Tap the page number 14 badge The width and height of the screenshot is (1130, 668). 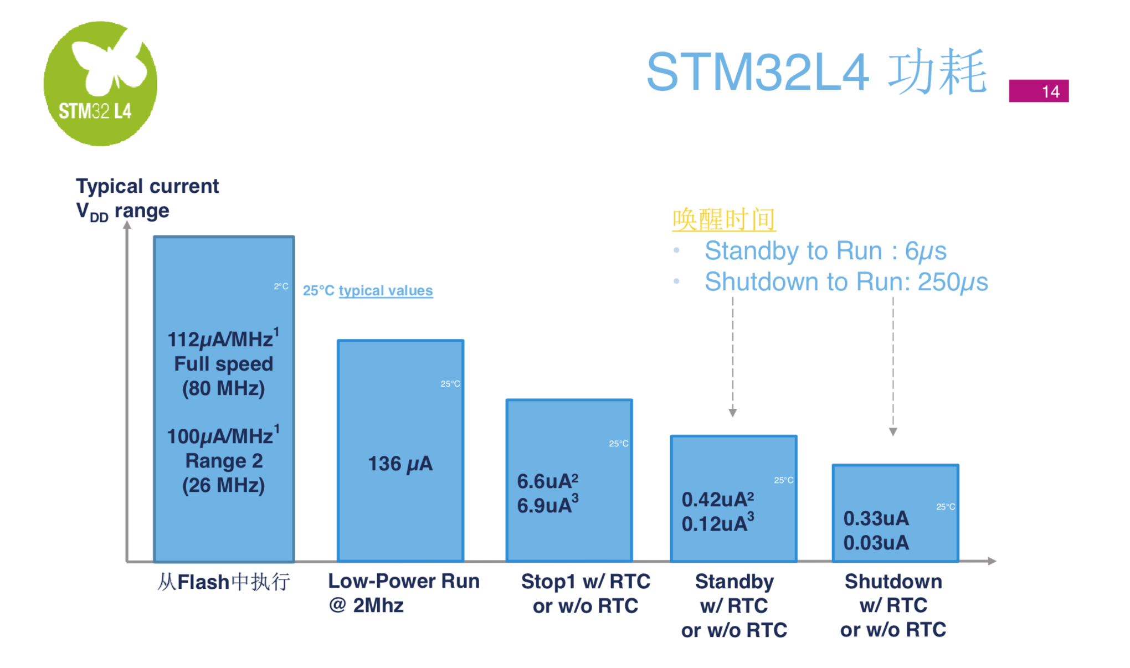[x=1039, y=91]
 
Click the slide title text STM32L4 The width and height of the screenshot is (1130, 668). [x=757, y=72]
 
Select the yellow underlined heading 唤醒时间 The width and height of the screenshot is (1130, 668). [x=724, y=219]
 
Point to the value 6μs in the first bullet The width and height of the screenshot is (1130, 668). [x=926, y=251]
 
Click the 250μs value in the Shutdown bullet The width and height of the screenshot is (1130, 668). [x=953, y=282]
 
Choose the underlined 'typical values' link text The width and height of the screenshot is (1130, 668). [x=386, y=290]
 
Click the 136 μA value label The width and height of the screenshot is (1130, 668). [x=400, y=464]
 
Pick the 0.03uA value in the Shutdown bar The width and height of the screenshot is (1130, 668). [x=876, y=543]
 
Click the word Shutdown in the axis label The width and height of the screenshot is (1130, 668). [x=893, y=582]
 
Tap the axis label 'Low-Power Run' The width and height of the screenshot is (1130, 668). [x=404, y=581]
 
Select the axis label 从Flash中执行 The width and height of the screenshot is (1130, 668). [x=223, y=582]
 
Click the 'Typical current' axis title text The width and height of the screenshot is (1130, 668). [x=147, y=186]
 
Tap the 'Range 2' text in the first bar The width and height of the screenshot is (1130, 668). [x=224, y=461]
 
